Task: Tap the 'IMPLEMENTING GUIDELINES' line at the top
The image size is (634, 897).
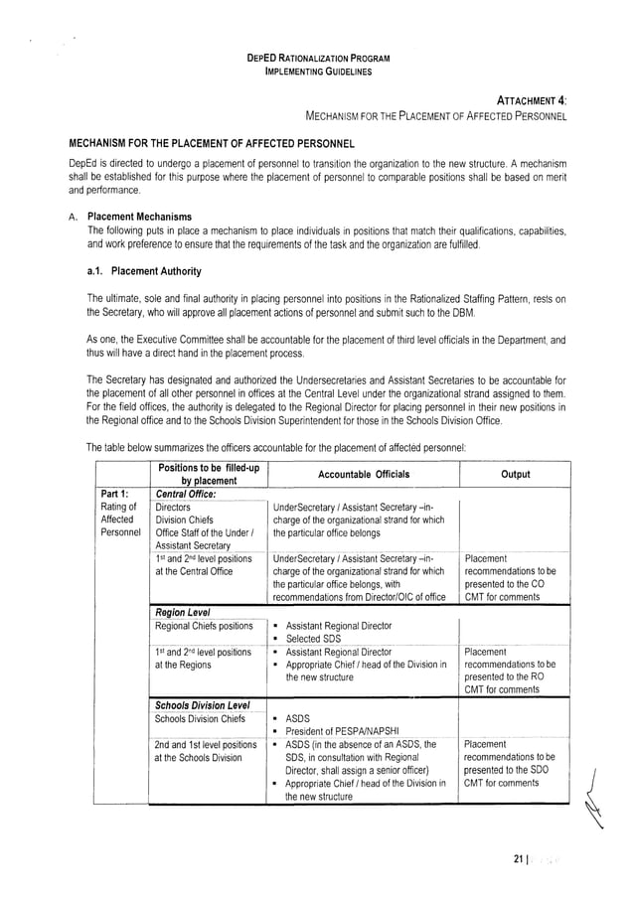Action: click(317, 72)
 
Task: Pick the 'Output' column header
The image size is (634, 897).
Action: click(515, 474)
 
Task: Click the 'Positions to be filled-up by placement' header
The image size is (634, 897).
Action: click(207, 474)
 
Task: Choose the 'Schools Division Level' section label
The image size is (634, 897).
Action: click(203, 705)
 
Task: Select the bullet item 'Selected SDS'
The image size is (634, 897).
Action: click(316, 638)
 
